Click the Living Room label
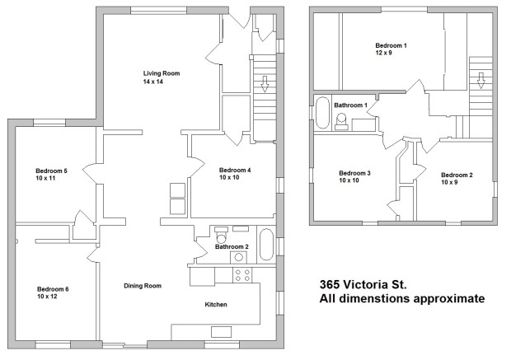(x=162, y=73)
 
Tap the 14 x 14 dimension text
(x=152, y=82)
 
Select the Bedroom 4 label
(x=235, y=170)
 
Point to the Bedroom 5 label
(x=51, y=171)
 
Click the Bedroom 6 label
(x=53, y=289)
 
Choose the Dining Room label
(x=143, y=286)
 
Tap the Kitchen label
(x=216, y=305)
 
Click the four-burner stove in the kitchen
(x=242, y=275)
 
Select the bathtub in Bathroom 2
(x=266, y=245)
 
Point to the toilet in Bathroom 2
(x=221, y=236)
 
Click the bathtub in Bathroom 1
(x=322, y=113)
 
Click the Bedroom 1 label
(x=391, y=45)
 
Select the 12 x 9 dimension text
(x=383, y=53)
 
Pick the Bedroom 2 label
(x=457, y=175)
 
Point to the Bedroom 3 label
(x=354, y=173)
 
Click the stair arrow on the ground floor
(x=265, y=84)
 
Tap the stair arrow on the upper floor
(x=480, y=81)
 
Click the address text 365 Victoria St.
(x=363, y=284)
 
